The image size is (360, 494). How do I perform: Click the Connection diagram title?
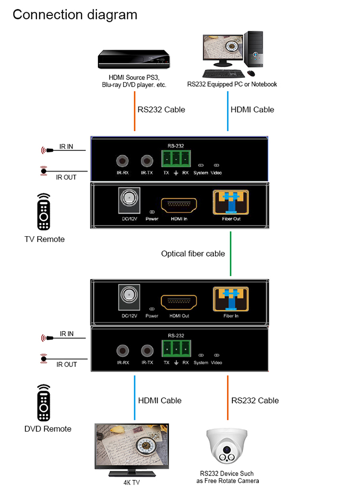(x=75, y=14)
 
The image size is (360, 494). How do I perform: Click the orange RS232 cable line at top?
(x=134, y=111)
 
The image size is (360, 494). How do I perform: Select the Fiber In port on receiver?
(x=231, y=301)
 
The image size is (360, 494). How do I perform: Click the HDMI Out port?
(x=179, y=303)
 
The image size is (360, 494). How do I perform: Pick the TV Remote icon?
(x=44, y=213)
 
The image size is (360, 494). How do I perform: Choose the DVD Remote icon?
(x=44, y=403)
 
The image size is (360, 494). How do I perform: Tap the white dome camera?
(x=227, y=447)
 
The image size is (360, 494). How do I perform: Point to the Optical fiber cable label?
(x=193, y=254)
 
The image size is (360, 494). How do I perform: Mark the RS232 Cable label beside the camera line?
(x=255, y=400)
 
